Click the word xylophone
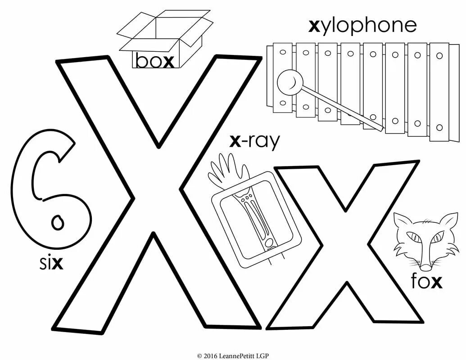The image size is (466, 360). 362,27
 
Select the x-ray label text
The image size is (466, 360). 254,141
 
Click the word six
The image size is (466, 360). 50,263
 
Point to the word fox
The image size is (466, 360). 426,282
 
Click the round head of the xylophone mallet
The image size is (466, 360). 288,82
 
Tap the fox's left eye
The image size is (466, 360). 413,237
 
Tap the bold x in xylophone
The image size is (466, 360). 314,26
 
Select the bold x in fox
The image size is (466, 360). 436,282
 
